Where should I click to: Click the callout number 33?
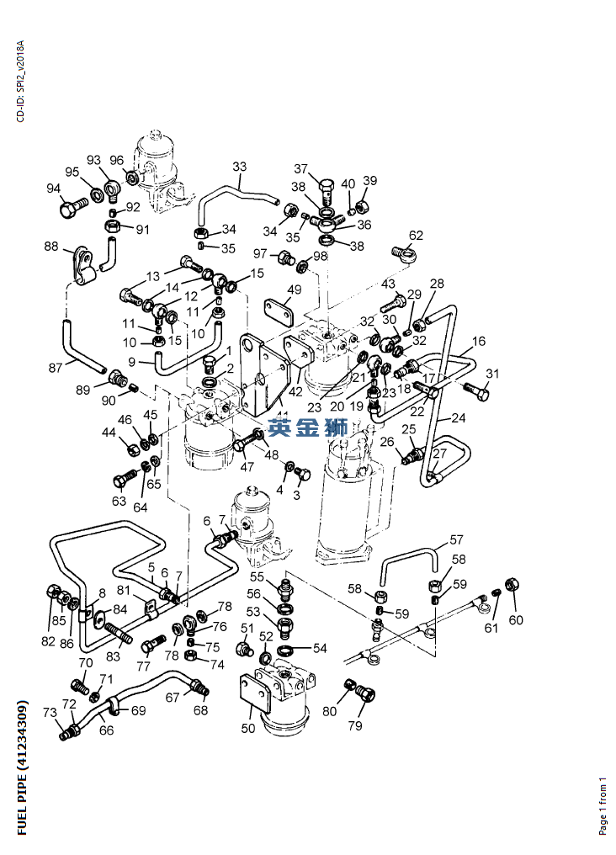coord(240,167)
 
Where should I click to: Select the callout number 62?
coord(416,236)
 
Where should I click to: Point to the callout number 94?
coord(54,189)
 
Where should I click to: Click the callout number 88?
coord(51,247)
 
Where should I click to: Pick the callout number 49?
coord(293,290)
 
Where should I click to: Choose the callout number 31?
coord(492,374)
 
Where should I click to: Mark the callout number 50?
coord(247,728)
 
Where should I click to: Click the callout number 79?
coord(355,725)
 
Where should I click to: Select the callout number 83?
coord(113,656)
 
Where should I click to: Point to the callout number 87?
coord(56,367)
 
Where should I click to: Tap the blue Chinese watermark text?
coord(307,426)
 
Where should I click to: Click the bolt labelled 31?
coord(475,389)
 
